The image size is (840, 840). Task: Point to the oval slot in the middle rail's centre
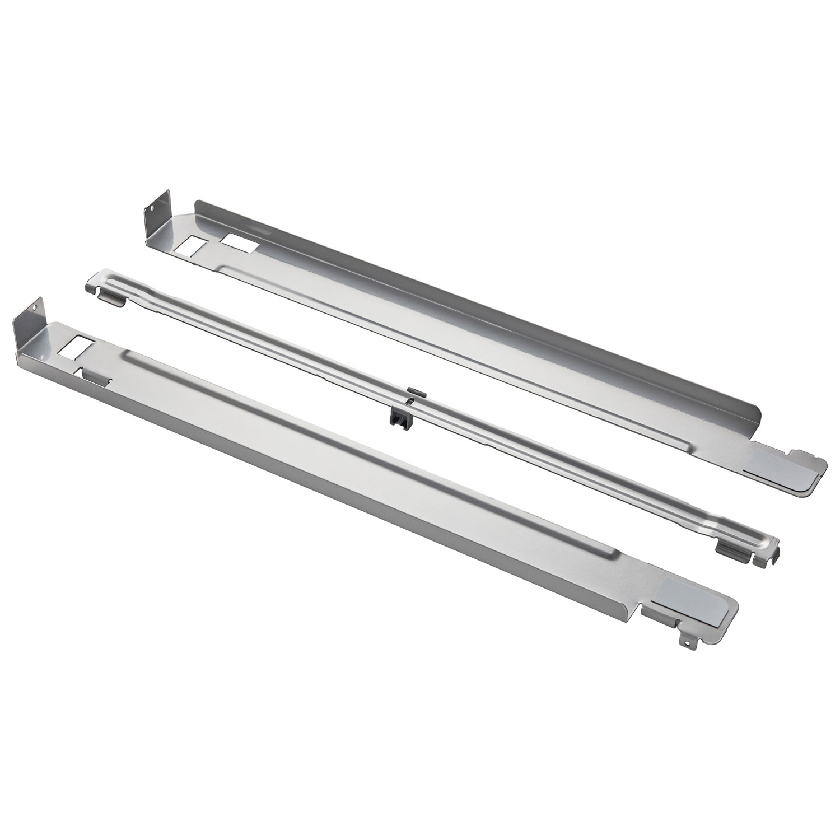click(412, 399)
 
